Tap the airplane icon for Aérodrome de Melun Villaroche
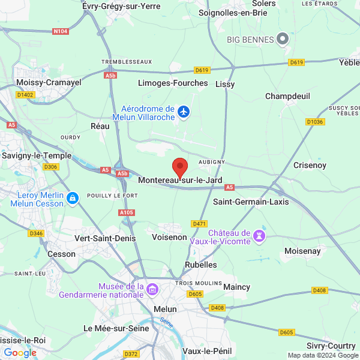[x=184, y=112]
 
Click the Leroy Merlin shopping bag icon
[x=73, y=197]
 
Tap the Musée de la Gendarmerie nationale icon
[x=152, y=290]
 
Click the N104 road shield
[x=60, y=31]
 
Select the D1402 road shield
[x=25, y=94]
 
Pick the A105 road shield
[x=127, y=212]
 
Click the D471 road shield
[x=199, y=224]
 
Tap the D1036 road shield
[x=314, y=122]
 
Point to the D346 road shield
[x=37, y=233]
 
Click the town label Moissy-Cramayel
[x=49, y=82]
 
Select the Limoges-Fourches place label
[x=173, y=83]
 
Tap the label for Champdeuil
[x=287, y=95]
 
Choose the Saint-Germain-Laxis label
[x=251, y=202]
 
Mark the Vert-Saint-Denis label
[x=105, y=238]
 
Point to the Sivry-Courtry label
[x=331, y=346]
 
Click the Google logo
[x=20, y=353]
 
